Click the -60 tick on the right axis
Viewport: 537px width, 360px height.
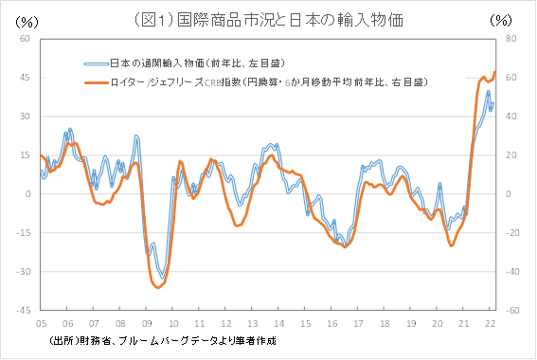511,310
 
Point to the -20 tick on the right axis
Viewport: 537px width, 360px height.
511,233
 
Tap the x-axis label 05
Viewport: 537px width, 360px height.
42,323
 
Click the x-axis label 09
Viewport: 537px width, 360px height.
147,323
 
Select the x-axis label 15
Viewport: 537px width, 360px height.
306,323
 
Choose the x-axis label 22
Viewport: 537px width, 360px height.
491,323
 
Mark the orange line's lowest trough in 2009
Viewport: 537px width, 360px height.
157,287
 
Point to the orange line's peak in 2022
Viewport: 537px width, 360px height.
494,73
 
